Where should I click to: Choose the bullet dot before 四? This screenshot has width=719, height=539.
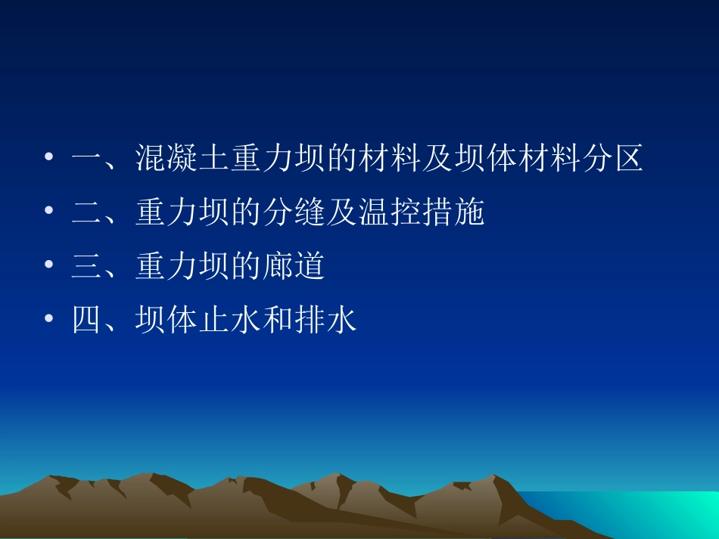pos(49,319)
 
